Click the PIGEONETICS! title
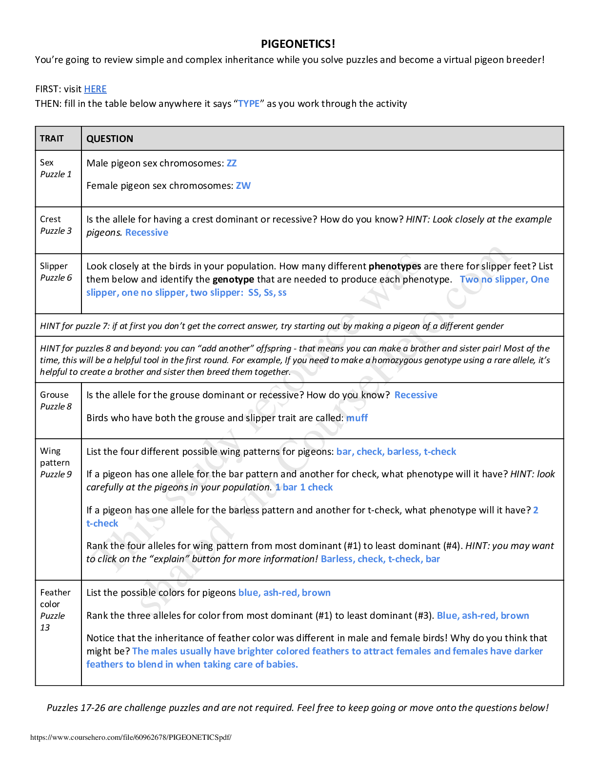(x=298, y=44)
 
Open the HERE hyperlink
(x=95, y=89)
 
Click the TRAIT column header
(x=52, y=139)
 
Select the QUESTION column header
(x=110, y=139)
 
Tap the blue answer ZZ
(x=232, y=163)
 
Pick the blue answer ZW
(x=243, y=185)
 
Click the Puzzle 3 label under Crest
(x=56, y=231)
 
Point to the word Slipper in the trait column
(x=54, y=266)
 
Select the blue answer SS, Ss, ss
(x=267, y=292)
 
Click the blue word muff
(x=357, y=418)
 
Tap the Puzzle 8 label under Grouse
(x=56, y=407)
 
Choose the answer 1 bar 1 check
(x=304, y=487)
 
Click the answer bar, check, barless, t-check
(x=396, y=451)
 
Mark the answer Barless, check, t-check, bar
(x=380, y=559)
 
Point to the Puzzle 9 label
(x=56, y=474)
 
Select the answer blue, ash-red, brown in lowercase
(x=284, y=592)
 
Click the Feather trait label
(x=55, y=592)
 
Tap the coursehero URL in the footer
(x=131, y=737)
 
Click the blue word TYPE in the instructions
(x=249, y=103)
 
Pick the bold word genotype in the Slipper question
(x=233, y=279)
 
